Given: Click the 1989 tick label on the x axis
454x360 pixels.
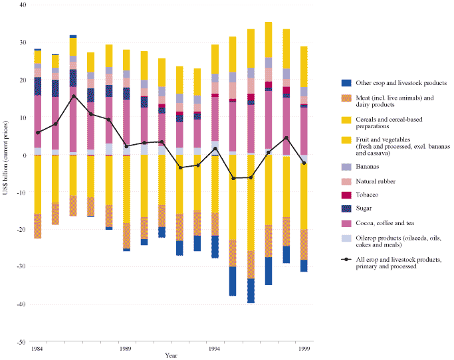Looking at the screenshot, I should tap(125, 347).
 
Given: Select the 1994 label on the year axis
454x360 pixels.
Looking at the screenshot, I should tap(215, 347).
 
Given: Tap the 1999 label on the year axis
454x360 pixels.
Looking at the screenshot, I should tap(303, 347).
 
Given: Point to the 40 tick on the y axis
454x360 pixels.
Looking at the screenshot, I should tap(22, 5).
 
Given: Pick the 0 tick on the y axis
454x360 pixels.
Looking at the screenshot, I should tap(24, 155).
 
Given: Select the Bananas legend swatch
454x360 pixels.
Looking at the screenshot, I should tap(346, 166).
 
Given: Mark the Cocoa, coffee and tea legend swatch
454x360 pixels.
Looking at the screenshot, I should tap(346, 223).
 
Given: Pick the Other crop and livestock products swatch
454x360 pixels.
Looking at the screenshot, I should tap(346, 83).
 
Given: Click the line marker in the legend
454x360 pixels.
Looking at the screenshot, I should tap(346, 260).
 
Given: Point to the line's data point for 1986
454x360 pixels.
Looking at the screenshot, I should tap(73, 96).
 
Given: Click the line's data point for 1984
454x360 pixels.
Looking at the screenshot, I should tap(38, 133).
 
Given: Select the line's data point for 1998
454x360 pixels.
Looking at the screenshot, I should tap(286, 138).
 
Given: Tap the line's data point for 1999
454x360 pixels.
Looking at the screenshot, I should tap(304, 163).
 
